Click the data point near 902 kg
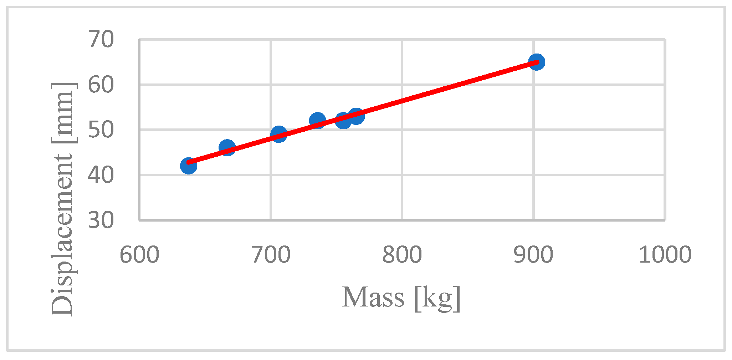[536, 62]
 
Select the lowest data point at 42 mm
[188, 166]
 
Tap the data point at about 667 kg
[227, 147]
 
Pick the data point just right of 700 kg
[279, 134]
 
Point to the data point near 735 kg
[317, 120]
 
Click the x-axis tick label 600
[139, 255]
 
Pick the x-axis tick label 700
[271, 255]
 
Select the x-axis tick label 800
[402, 255]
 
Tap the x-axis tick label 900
[533, 255]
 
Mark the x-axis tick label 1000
[665, 255]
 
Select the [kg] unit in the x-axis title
[437, 298]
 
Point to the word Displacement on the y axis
[62, 235]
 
